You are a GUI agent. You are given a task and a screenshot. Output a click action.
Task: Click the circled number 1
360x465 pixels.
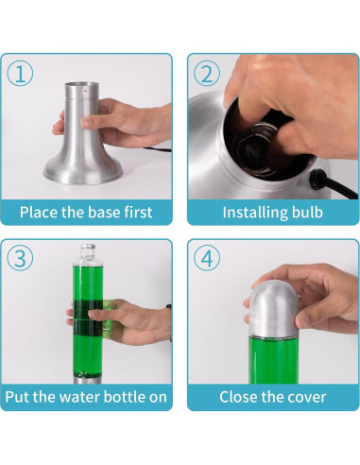[x=20, y=74]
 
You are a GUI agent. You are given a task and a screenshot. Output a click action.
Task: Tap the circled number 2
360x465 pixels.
[x=207, y=74]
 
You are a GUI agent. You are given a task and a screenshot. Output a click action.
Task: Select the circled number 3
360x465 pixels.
[x=20, y=258]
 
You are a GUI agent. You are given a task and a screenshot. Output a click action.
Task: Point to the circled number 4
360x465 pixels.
[x=207, y=258]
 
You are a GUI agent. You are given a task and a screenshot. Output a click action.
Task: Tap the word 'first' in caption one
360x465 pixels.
[x=138, y=212]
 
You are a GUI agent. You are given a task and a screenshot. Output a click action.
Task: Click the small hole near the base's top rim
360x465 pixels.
[x=84, y=91]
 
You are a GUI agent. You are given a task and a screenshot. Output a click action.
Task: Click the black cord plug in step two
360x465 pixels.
[x=317, y=178]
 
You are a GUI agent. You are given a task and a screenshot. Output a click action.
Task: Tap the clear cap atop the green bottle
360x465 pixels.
[x=88, y=253]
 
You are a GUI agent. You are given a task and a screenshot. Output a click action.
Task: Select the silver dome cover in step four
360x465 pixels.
[x=274, y=308]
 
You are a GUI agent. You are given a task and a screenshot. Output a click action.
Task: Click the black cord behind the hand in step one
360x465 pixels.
[x=158, y=149]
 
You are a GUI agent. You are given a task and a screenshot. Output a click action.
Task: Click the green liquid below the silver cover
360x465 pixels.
[x=273, y=360]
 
